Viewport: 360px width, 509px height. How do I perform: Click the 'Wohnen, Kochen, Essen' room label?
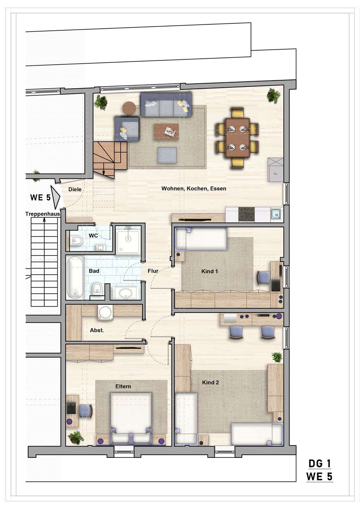[x=194, y=189]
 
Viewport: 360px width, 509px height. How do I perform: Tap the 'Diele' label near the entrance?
[x=75, y=189]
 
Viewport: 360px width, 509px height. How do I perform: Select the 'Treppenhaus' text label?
[x=43, y=214]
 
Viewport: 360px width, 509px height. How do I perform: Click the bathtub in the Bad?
[x=75, y=277]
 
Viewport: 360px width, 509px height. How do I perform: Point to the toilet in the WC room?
[x=76, y=241]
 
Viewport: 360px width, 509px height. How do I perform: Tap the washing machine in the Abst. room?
[x=105, y=313]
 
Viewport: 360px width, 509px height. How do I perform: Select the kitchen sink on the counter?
[x=276, y=213]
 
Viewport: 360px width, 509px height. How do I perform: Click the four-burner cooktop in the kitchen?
[x=246, y=214]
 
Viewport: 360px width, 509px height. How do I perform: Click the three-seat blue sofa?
[x=166, y=105]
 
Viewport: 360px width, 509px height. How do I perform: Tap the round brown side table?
[x=129, y=108]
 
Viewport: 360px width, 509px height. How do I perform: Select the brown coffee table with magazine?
[x=166, y=131]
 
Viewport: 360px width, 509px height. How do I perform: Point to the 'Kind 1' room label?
[x=209, y=271]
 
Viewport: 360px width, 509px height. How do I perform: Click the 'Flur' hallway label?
[x=153, y=271]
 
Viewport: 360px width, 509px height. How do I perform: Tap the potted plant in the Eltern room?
[x=76, y=438]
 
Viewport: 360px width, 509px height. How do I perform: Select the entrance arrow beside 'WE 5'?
[x=55, y=197]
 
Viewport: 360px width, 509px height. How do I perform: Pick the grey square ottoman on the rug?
[x=167, y=155]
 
